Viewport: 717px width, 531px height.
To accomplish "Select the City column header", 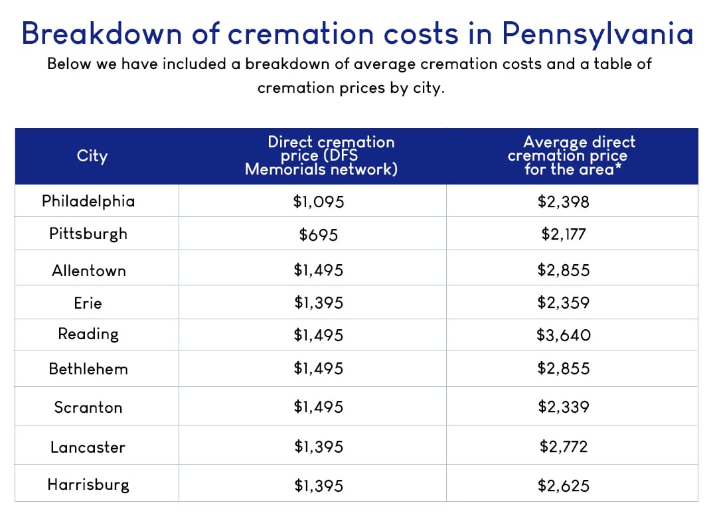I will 92,156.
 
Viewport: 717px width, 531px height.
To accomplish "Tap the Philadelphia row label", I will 88,201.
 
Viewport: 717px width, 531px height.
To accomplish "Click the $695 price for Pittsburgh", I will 318,234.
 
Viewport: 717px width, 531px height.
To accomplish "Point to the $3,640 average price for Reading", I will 563,335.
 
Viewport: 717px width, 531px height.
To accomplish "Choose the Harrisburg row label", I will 88,485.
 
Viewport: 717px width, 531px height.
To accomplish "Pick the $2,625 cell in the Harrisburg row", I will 563,486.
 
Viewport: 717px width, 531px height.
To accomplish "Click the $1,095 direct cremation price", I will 318,202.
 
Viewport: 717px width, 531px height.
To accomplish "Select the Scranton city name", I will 88,408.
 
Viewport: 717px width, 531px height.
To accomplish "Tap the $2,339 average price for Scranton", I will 563,408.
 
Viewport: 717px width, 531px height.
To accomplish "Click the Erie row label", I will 88,303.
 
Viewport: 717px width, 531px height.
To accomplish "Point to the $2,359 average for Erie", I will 563,303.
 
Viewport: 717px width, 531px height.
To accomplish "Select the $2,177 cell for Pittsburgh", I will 563,234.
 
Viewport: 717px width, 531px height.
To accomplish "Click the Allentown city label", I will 88,271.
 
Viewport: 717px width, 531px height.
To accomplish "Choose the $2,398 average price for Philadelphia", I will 563,202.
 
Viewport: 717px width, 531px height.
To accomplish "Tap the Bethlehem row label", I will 88,369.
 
